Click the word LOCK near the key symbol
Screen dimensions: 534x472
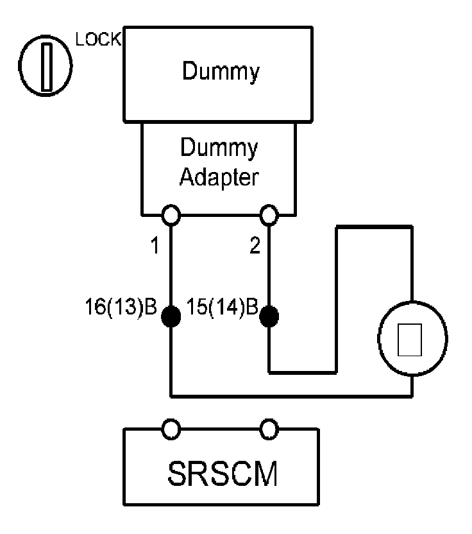coord(97,39)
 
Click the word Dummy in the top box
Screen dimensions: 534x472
coord(221,72)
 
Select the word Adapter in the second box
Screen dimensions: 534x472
coord(219,177)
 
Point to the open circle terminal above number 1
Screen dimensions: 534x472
coord(171,214)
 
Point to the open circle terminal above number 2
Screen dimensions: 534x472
coord(269,214)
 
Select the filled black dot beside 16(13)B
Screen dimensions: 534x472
coord(171,316)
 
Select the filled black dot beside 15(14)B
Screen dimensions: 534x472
coord(269,316)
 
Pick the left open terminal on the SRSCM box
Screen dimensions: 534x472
coord(171,429)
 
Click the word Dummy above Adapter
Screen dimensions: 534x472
coord(219,149)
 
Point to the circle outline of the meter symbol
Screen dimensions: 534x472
coord(380,339)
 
